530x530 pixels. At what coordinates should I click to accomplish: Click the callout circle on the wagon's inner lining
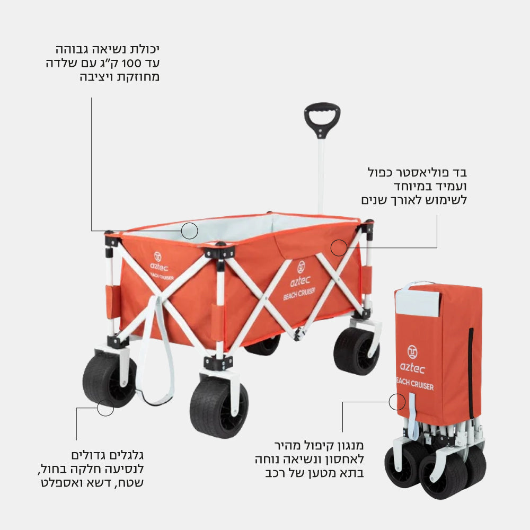coord(189,231)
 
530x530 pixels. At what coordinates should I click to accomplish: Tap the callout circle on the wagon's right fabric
coord(339,248)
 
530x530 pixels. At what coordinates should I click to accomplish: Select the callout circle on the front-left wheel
coord(105,408)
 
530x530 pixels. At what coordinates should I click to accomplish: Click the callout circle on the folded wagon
coord(397,402)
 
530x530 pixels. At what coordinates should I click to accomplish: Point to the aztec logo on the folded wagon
coord(412,360)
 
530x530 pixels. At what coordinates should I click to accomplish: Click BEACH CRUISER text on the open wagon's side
coord(299,294)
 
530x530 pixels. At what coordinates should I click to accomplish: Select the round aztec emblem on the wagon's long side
coord(301,267)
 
